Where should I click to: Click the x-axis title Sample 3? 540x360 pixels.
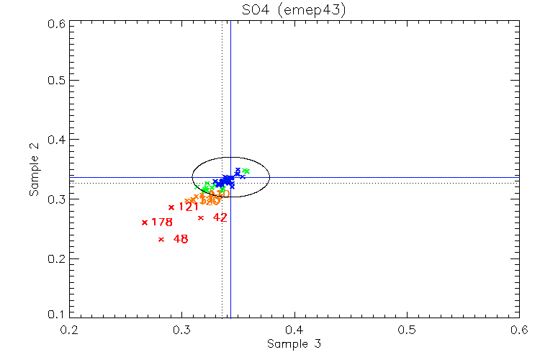point(294,344)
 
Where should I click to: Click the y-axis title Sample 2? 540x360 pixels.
point(33,170)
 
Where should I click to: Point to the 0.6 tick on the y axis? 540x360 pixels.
point(58,23)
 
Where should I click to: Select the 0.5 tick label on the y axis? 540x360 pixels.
point(58,80)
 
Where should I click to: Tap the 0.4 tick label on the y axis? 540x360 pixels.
point(58,139)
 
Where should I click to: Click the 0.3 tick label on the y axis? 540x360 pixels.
point(58,199)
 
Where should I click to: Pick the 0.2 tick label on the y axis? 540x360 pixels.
point(58,258)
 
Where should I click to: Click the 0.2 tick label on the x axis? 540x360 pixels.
point(70,330)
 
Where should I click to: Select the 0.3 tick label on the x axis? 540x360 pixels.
point(182,330)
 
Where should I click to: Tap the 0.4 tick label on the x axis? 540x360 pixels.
point(294,330)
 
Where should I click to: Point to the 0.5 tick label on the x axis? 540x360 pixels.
point(407,330)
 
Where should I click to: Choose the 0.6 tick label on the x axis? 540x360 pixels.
point(518,330)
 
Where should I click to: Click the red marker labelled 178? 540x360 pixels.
point(145,222)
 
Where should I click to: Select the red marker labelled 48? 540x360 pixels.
point(161,239)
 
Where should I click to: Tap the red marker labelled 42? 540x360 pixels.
point(201,217)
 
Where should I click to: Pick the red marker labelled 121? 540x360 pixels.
point(171,207)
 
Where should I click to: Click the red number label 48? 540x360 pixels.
point(181,239)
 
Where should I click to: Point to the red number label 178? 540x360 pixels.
point(162,222)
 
